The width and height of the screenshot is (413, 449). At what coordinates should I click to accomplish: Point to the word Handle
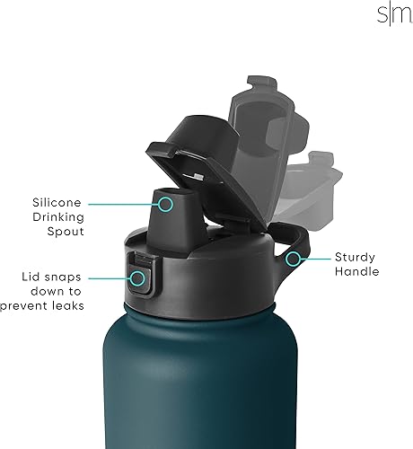pos(358,271)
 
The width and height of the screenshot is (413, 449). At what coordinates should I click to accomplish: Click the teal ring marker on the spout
pos(165,204)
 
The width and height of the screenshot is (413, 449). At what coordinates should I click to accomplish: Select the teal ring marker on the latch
pos(137,279)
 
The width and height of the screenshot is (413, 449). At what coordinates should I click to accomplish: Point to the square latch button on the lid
pos(140,271)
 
